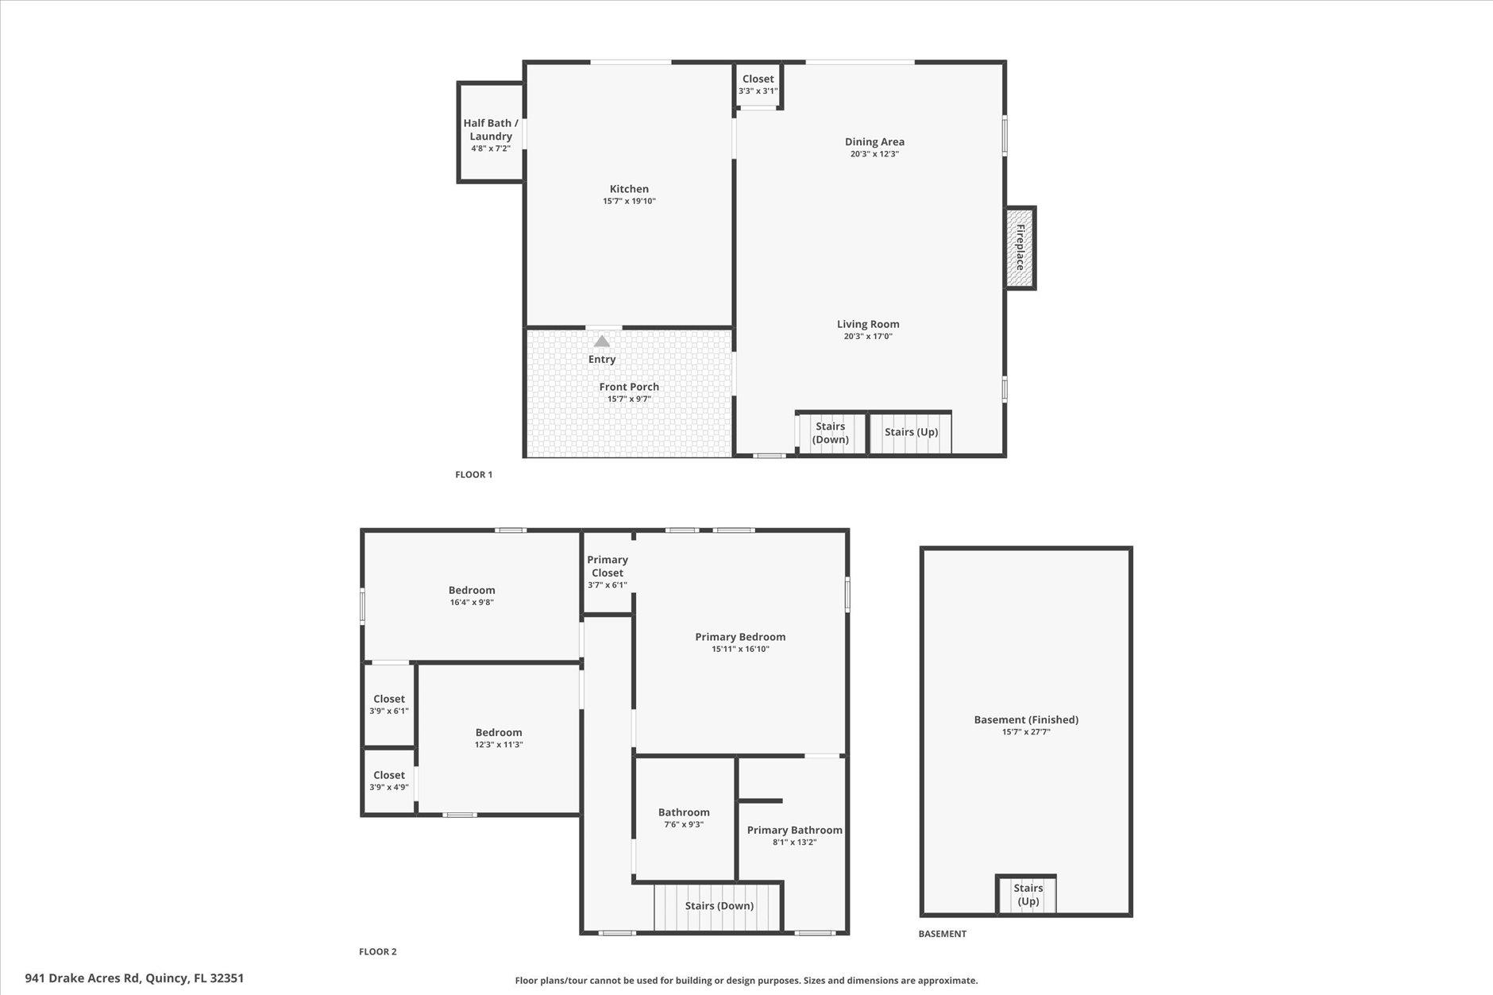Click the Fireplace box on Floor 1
(x=1020, y=248)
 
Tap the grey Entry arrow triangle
(x=602, y=341)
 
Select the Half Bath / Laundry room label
(x=490, y=129)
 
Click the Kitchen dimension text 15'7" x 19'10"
(x=629, y=202)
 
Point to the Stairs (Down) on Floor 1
(x=831, y=433)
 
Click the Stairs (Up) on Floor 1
(x=911, y=432)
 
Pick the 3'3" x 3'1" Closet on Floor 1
(x=758, y=84)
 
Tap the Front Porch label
(x=629, y=387)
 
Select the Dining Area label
(x=874, y=141)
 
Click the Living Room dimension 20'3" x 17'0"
(x=868, y=337)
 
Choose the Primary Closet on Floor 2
(x=607, y=572)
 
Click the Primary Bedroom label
(x=740, y=637)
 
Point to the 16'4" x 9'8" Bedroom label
(x=472, y=590)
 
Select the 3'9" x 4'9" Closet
(x=389, y=781)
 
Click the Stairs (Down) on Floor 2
(x=719, y=906)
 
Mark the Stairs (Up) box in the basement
(x=1028, y=894)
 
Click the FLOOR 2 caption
(x=377, y=951)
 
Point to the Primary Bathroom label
(x=794, y=830)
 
